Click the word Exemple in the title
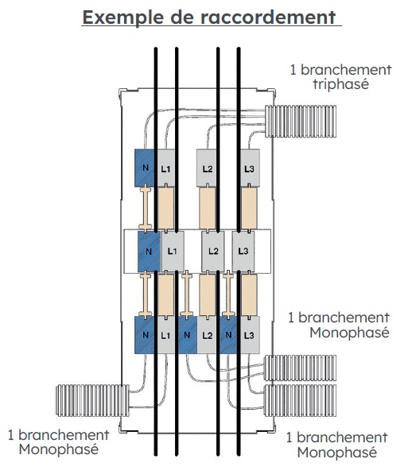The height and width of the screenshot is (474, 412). [123, 17]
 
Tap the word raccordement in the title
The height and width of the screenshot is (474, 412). [268, 17]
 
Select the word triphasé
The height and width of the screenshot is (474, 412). [341, 83]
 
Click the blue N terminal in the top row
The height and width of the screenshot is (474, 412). [145, 168]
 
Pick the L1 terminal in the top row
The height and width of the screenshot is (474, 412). [165, 168]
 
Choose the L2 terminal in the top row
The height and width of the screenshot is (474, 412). [207, 168]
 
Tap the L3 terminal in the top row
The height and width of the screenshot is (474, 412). [250, 168]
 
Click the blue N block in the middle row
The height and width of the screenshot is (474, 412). [148, 252]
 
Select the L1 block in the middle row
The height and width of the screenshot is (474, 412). [172, 252]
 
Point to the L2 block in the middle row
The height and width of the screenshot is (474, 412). [213, 252]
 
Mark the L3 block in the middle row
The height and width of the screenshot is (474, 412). [243, 252]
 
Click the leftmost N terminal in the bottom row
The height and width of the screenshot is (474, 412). [146, 335]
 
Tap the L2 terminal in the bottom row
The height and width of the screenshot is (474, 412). [207, 335]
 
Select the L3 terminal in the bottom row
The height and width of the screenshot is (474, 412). [250, 335]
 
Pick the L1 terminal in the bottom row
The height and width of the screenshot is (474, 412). [165, 335]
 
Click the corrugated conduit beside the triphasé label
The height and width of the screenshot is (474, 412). [301, 121]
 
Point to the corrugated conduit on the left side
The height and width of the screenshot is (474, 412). [92, 400]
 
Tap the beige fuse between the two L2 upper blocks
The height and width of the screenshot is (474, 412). [208, 208]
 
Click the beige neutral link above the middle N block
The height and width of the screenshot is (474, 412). [146, 208]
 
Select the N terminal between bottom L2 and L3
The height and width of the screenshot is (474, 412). [228, 335]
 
